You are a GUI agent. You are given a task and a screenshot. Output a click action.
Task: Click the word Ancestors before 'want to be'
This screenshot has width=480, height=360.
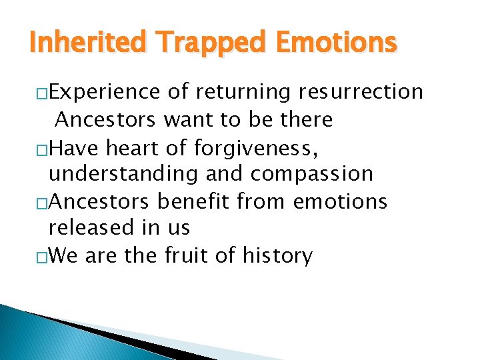106,119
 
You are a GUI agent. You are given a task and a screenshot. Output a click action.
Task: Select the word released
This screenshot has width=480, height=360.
91,227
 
